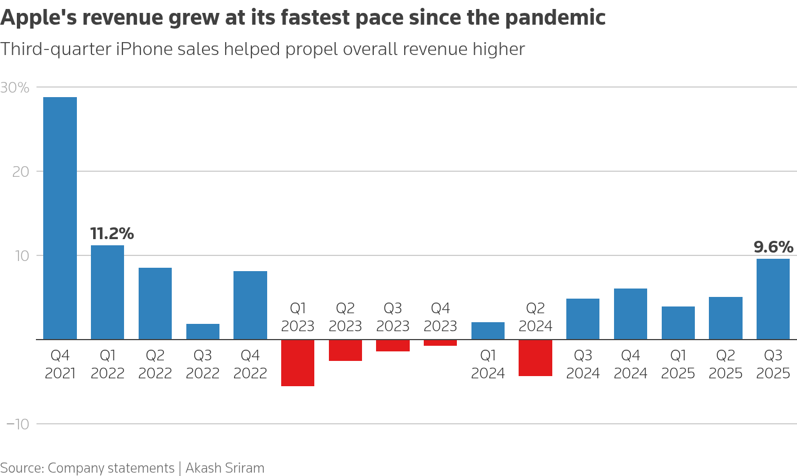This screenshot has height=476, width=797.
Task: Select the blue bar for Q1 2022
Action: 107,292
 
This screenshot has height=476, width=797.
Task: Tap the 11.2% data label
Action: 112,234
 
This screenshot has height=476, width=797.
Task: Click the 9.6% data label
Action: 773,247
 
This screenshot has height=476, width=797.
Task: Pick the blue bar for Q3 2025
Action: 773,299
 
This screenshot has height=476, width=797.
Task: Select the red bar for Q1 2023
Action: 297,363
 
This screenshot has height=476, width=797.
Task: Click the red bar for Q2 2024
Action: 535,358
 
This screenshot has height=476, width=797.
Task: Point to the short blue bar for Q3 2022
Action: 203,332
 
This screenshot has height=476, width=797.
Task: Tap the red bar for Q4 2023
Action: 440,343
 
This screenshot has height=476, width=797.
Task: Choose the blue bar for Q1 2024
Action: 488,331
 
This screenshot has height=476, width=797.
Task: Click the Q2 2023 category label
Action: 345,317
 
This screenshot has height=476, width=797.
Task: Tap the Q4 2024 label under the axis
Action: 630,364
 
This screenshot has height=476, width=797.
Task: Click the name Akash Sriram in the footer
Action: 225,468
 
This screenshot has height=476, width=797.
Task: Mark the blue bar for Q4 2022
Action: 250,305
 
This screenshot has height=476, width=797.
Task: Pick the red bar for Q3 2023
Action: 393,346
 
